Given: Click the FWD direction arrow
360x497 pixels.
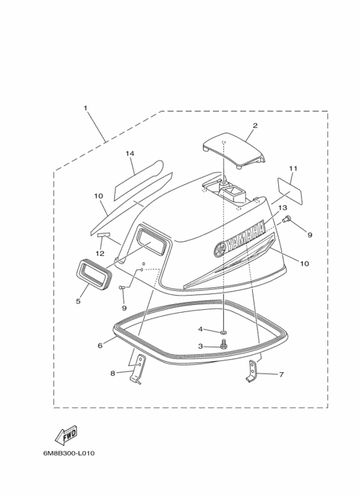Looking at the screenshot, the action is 67,435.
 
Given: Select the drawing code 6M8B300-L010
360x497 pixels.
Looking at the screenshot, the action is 69,453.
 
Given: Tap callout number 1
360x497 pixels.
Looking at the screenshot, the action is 85,108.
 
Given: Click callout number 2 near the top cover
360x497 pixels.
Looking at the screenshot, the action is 255,125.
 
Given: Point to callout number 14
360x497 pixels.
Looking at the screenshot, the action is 130,154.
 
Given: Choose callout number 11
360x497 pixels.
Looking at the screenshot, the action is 293,168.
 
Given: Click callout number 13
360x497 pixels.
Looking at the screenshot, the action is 283,208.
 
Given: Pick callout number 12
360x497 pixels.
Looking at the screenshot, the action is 100,253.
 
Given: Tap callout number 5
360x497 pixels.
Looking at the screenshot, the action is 78,301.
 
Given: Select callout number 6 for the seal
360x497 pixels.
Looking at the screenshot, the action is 100,345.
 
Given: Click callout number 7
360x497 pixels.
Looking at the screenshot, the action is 281,375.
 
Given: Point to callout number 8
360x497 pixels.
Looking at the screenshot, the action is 113,374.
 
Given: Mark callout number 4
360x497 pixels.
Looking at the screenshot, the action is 201,329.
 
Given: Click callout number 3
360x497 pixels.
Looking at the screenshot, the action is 201,346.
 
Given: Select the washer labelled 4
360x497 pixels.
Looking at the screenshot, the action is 224,332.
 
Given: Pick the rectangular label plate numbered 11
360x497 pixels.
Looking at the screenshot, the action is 290,190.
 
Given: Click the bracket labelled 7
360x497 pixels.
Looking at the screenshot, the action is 252,372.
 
